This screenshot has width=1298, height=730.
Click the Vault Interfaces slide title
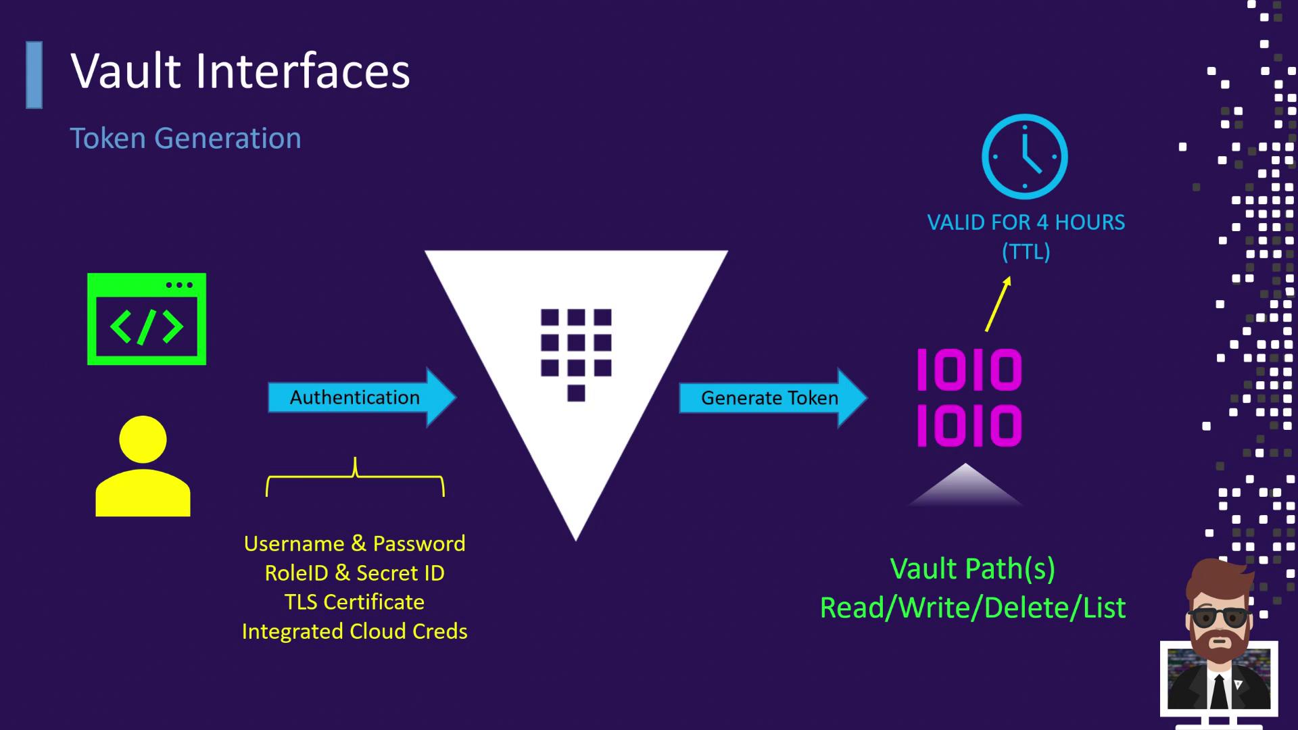(240, 71)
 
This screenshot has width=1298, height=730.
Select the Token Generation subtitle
(185, 139)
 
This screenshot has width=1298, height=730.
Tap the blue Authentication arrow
(362, 397)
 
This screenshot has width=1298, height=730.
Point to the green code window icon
(147, 319)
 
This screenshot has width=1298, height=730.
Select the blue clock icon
(1025, 157)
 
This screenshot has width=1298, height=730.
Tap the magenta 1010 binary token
(969, 398)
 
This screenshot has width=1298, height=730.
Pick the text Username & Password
(354, 543)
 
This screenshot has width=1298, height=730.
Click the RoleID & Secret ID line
(354, 573)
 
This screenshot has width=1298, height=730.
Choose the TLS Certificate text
(354, 602)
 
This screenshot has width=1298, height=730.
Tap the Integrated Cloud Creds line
(354, 631)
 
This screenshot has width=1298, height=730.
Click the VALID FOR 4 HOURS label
(1026, 222)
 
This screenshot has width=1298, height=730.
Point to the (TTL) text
(1026, 252)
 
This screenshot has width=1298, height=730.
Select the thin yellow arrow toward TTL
(998, 304)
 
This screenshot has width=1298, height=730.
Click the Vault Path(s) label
(972, 569)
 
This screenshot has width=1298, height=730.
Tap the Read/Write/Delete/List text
(972, 608)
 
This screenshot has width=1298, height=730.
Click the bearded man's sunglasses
(1219, 617)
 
